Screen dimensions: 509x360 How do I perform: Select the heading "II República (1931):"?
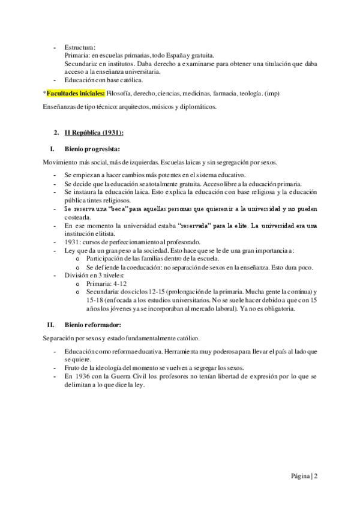click(93, 133)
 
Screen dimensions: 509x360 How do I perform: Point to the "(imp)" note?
click(272, 94)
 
